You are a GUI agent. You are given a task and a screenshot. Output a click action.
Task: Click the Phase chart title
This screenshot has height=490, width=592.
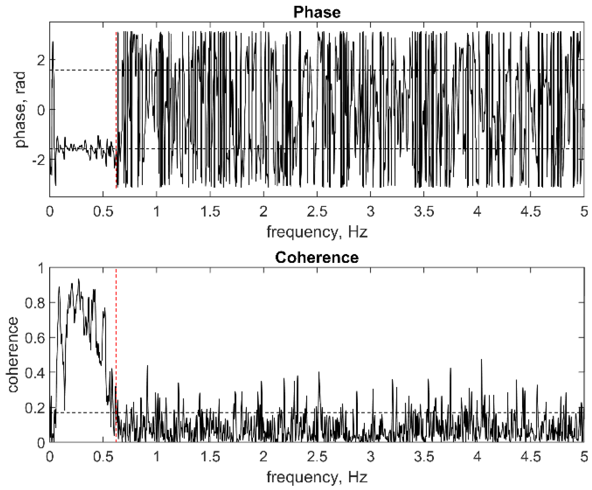point(317,12)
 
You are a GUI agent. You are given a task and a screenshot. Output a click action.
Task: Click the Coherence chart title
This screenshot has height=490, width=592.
point(317,257)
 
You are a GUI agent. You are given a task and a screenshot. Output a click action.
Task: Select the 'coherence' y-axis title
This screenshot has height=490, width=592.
point(13,355)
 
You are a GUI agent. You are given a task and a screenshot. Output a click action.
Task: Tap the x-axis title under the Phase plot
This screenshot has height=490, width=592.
point(317,232)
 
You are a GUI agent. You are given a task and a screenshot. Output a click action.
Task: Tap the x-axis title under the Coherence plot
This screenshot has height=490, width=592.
point(317,477)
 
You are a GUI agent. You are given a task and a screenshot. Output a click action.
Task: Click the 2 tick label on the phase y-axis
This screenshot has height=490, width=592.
point(41,60)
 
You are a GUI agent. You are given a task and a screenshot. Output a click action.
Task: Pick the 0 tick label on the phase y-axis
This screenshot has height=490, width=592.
point(41,110)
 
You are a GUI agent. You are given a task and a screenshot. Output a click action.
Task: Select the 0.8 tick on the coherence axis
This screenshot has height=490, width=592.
point(35,303)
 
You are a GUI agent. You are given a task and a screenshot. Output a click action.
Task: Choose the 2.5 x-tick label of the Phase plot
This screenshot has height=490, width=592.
point(317,211)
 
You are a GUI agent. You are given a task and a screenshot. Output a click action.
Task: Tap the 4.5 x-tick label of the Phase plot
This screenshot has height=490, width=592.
point(530,211)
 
